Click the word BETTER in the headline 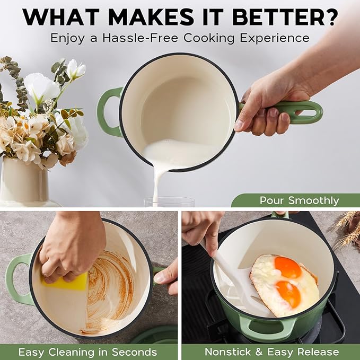click(x=275, y=17)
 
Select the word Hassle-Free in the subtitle click(x=141, y=38)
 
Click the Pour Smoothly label click(x=299, y=200)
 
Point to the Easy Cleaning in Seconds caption click(x=87, y=352)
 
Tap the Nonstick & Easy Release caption click(x=272, y=352)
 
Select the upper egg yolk click(x=287, y=267)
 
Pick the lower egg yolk click(x=288, y=294)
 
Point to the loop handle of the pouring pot click(x=110, y=112)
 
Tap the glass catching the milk click(x=169, y=202)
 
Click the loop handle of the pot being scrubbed click(x=19, y=279)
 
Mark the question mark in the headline click(x=329, y=17)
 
